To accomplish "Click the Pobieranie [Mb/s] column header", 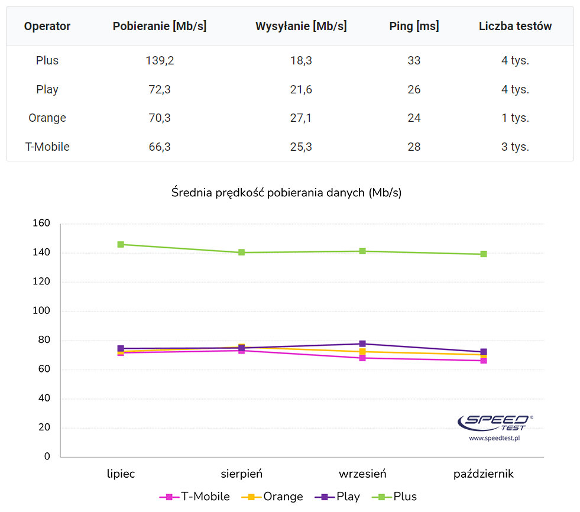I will click(160, 26).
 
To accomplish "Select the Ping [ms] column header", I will click(414, 26).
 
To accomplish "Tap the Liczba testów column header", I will click(515, 26).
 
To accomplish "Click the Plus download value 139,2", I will click(160, 60).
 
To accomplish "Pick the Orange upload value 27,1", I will click(301, 118).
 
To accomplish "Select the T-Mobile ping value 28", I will click(414, 147).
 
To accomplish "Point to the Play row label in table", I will click(47, 89).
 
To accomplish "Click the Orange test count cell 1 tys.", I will click(515, 118).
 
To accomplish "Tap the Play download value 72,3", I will click(160, 89).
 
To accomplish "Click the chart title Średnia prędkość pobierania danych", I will click(286, 193).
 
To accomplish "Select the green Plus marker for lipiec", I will click(121, 244).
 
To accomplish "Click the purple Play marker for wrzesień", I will click(362, 344).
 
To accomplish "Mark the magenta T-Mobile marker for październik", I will click(484, 360).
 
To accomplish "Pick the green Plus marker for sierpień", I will click(242, 252).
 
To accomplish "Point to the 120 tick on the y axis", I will click(41, 282).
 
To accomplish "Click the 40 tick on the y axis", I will click(44, 398).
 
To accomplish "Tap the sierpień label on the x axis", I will click(242, 474).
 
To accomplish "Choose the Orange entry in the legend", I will click(273, 497).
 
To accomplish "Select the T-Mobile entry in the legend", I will click(195, 497).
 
